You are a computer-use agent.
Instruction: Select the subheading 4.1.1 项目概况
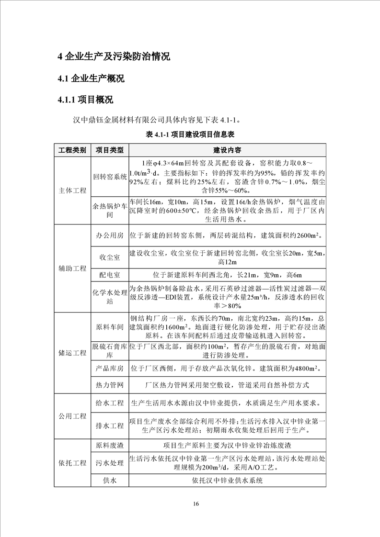85,100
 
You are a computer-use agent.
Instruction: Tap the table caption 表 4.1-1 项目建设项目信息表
190,134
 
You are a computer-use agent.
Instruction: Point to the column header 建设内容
227,150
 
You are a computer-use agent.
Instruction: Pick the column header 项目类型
110,150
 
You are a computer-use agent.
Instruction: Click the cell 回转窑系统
110,177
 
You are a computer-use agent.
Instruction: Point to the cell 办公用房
110,236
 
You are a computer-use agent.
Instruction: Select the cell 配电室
110,275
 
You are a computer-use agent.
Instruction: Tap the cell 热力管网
110,385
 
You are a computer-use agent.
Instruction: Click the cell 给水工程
110,403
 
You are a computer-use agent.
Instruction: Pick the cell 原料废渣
110,445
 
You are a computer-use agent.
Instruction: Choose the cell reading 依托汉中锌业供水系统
227,481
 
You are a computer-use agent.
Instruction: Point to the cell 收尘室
110,257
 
